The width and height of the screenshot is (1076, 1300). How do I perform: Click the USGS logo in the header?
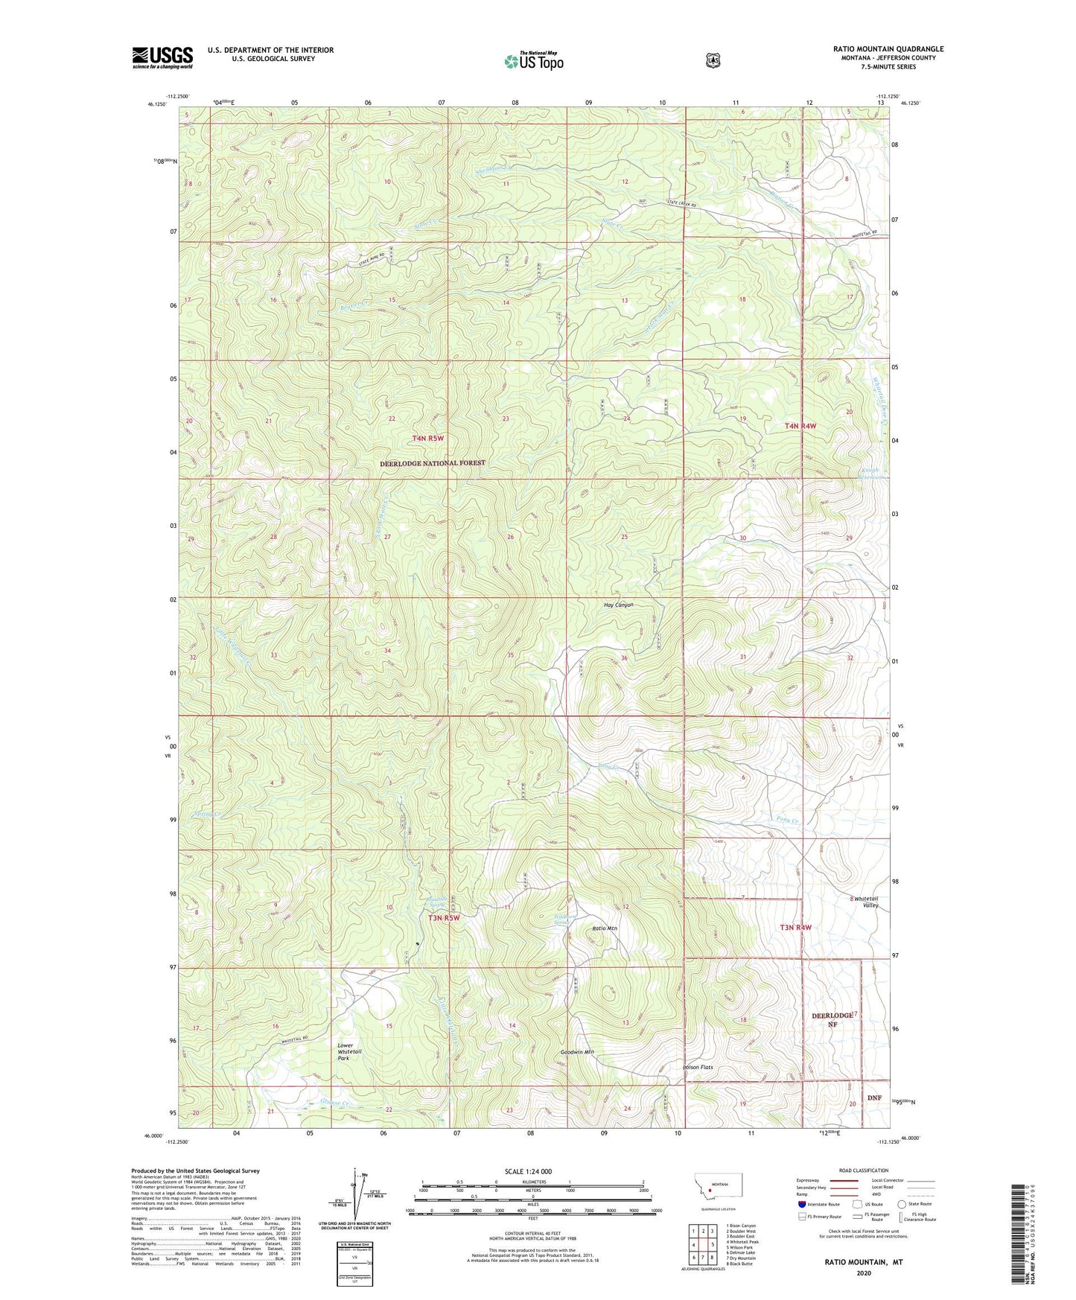tap(162, 57)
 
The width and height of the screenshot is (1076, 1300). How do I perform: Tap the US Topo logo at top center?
tap(533, 61)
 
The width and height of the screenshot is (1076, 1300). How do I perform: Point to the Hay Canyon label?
tap(618, 605)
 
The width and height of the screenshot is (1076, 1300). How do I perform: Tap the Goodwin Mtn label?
tap(576, 1052)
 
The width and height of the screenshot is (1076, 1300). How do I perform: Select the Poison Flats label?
tap(698, 1067)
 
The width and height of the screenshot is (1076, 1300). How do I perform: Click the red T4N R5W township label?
tap(427, 439)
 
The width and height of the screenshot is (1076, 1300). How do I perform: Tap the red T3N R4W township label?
tap(795, 928)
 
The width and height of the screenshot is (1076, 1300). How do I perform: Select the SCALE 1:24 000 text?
tap(528, 1171)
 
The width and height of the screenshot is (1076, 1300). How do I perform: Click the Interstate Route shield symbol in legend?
tap(801, 1203)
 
